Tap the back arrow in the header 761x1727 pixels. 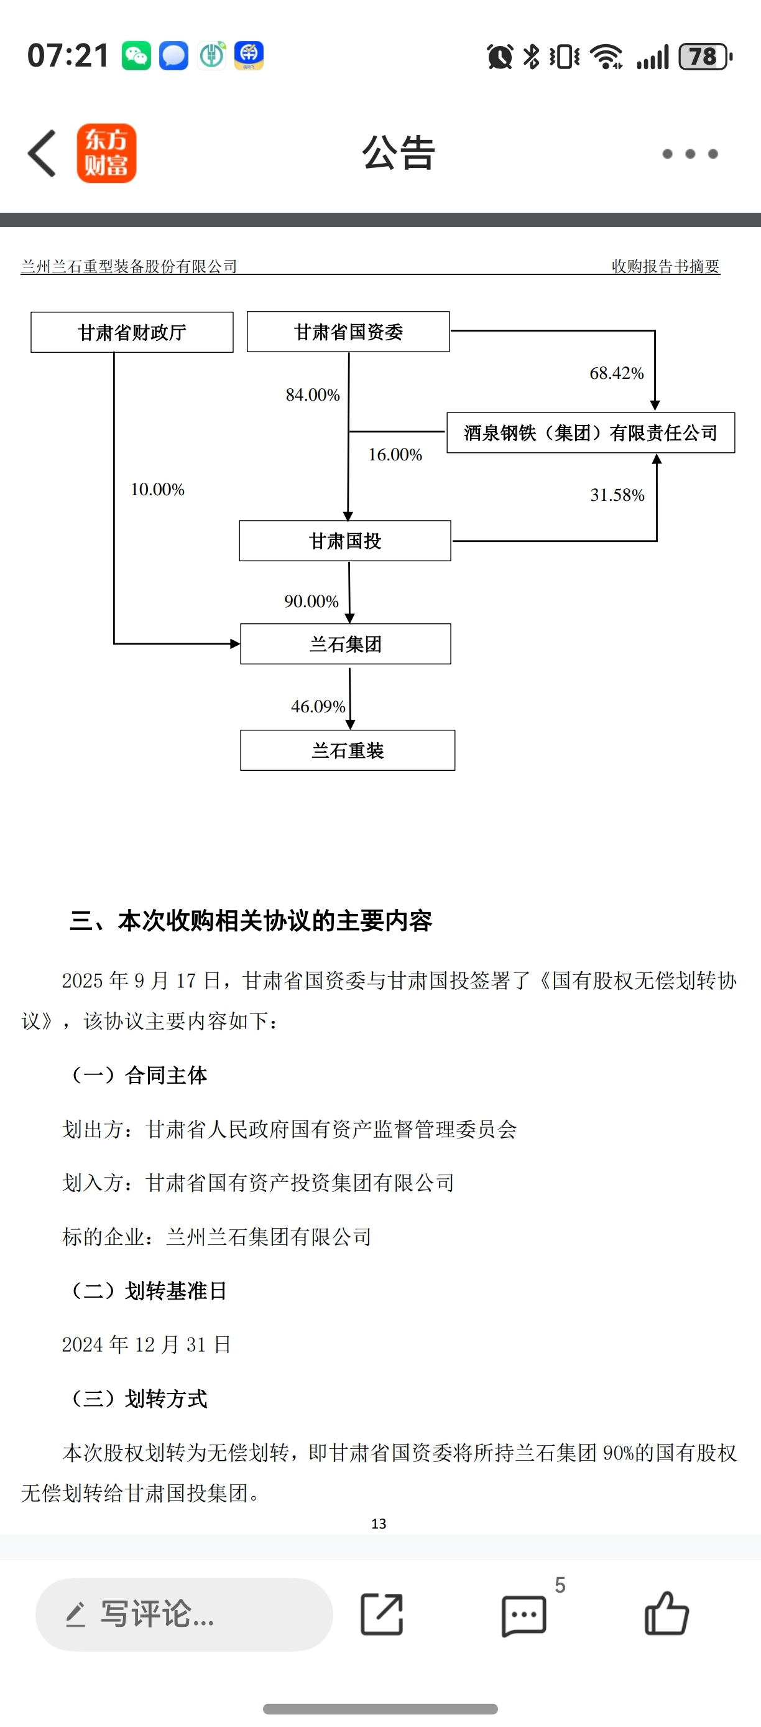42,154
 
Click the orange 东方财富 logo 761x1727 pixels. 106,154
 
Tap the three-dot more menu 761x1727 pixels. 690,154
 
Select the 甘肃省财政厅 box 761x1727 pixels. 132,332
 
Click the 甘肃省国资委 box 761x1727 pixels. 348,331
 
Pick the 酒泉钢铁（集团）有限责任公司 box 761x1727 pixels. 591,432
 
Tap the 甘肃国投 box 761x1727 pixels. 345,541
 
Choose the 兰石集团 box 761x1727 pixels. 346,644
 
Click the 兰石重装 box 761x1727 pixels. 348,750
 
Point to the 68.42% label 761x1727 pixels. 616,373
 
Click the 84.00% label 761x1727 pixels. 313,394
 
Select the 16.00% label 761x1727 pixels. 395,455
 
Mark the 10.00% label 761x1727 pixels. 157,490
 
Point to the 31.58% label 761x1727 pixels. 617,495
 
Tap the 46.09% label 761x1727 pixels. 318,706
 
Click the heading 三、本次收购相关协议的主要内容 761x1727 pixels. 251,921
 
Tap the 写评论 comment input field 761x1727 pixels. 184,1614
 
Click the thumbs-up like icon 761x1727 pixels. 666,1613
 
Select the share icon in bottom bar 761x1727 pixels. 382,1614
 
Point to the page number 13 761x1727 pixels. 379,1524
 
